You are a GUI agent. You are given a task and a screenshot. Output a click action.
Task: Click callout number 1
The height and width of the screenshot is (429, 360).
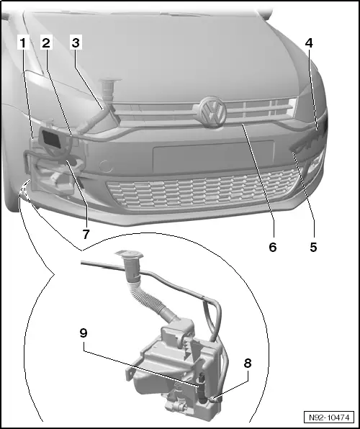tap(23, 43)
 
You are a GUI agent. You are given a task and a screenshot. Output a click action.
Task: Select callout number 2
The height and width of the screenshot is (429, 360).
tap(46, 43)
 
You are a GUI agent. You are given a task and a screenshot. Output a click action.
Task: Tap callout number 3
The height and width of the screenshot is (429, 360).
tap(75, 43)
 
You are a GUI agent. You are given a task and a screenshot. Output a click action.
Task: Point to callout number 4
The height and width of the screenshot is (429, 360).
tap(309, 43)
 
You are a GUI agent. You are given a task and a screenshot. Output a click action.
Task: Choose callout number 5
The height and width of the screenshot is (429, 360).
tap(313, 246)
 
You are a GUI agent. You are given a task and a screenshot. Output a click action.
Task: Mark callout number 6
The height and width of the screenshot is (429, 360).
tap(272, 246)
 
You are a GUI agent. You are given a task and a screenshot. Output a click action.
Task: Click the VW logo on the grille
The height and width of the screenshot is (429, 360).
tap(214, 112)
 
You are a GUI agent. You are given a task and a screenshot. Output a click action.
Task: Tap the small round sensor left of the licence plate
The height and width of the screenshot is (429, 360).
tap(107, 164)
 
